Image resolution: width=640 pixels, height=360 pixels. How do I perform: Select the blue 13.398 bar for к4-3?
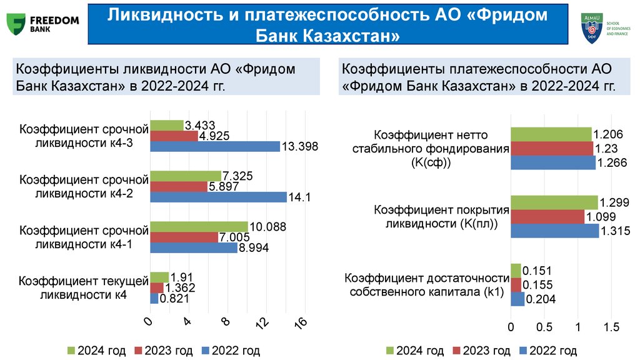(x=214, y=147)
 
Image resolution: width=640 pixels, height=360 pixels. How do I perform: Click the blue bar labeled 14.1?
(x=217, y=197)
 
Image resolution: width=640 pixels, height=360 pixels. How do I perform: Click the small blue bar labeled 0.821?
(x=154, y=299)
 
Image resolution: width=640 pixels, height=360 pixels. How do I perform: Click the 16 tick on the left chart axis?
(x=301, y=322)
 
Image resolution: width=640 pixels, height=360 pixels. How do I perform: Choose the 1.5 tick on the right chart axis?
(x=612, y=327)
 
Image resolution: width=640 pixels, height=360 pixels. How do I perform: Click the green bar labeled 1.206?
(x=551, y=134)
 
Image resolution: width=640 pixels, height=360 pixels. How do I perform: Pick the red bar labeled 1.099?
(x=547, y=216)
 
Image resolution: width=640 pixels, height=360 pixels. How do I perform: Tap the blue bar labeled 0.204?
(x=517, y=299)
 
